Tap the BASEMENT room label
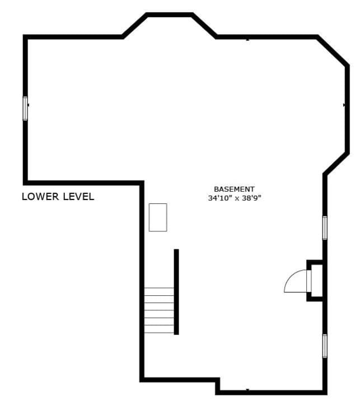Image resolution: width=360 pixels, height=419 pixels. coord(234,189)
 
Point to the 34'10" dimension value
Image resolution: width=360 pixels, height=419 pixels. coord(218,198)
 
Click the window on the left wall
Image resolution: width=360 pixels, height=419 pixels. coord(25,108)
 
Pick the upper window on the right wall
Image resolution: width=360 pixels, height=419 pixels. coord(325,227)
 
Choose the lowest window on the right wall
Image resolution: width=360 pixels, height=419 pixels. coord(325,346)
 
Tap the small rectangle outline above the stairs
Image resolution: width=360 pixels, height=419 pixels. coord(158,217)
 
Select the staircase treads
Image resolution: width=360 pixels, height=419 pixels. coord(159,310)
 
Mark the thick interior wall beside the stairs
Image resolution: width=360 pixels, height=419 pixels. coord(176,291)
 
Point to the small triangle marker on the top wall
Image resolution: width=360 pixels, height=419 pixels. coord(247,39)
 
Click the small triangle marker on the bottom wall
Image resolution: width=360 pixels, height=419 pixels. coord(247,389)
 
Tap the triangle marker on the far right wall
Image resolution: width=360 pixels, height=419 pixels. coord(344,105)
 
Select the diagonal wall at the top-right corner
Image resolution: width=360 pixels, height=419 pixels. coord(332,51)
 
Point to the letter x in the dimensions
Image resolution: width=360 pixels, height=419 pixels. coord(236,198)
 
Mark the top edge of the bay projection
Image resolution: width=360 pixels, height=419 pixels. coord(170,15)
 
